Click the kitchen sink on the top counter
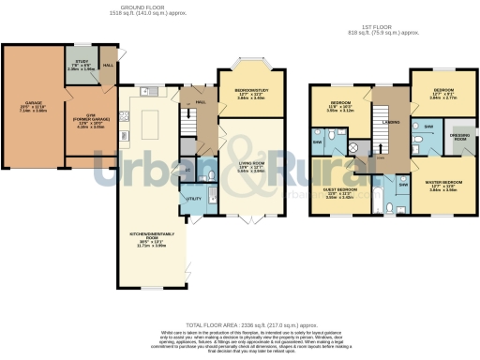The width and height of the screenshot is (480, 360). tap(145, 92)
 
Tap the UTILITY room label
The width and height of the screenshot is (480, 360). tap(193, 199)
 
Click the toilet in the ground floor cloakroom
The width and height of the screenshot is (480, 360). tap(189, 172)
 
